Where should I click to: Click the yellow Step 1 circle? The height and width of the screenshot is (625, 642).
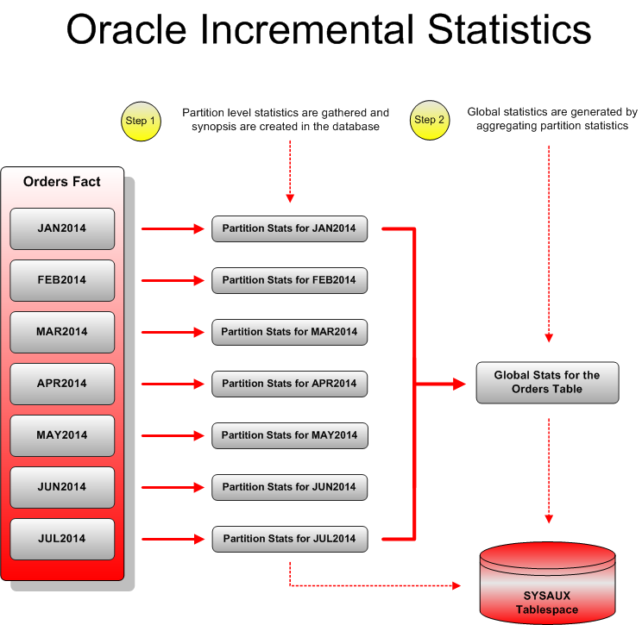click(141, 121)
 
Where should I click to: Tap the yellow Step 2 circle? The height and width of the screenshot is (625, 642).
click(430, 121)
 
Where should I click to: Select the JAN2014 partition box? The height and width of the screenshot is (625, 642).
click(62, 228)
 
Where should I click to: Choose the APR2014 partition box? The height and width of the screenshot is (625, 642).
click(62, 384)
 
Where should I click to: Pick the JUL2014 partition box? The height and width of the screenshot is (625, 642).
click(62, 539)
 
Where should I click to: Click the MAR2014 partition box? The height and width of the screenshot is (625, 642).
click(62, 332)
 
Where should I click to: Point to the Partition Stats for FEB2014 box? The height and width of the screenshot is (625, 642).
click(289, 280)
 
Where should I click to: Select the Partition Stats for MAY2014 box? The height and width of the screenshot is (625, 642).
click(289, 435)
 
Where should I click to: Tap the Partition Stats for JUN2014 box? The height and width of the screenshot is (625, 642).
click(289, 487)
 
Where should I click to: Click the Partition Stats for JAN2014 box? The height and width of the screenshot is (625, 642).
click(289, 228)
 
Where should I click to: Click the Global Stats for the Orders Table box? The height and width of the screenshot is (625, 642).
click(547, 383)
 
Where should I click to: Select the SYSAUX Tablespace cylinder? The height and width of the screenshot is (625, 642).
click(547, 586)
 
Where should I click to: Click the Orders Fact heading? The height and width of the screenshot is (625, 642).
click(62, 182)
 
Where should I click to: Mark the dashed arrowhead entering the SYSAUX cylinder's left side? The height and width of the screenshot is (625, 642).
click(456, 586)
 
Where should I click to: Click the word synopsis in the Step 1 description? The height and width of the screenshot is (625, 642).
click(211, 127)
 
